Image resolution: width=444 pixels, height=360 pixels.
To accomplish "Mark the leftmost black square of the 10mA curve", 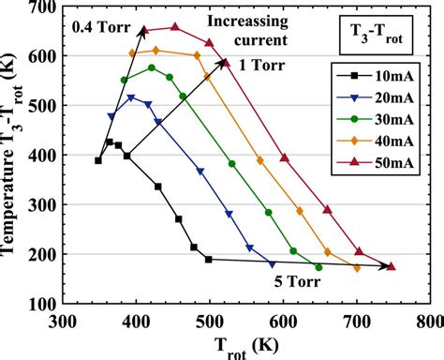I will point(98,160).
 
